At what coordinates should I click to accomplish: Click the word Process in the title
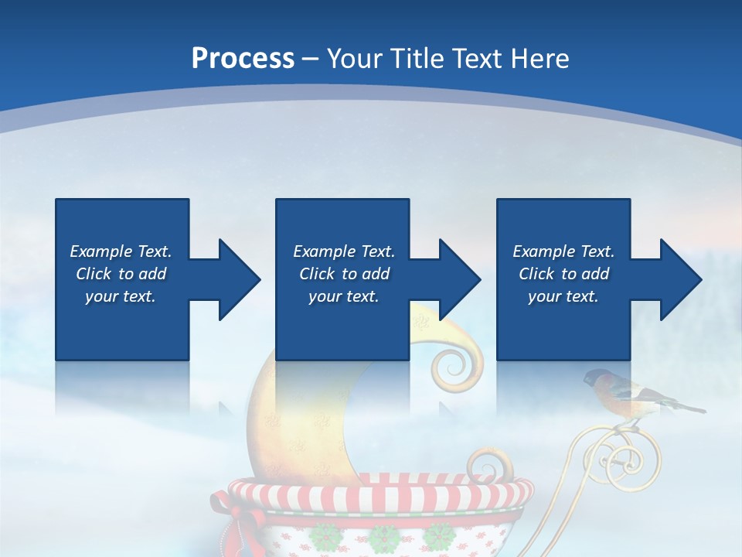[243, 59]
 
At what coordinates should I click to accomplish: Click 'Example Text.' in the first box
[121, 251]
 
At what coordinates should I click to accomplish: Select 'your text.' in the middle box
[343, 296]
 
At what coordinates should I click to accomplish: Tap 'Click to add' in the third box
[563, 274]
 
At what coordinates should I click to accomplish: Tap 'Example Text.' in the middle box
[343, 251]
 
